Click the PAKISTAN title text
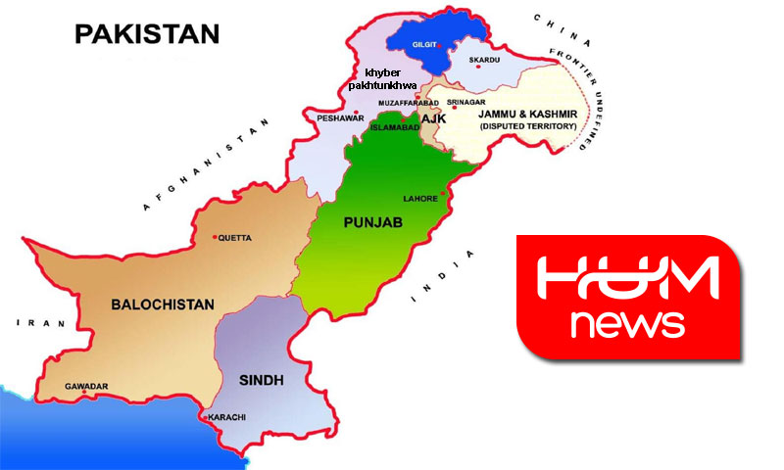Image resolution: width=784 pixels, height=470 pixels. (146, 35)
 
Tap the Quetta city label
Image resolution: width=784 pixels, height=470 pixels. (234, 238)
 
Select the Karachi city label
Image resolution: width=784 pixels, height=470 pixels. (227, 417)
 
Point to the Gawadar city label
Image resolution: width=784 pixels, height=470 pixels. (86, 386)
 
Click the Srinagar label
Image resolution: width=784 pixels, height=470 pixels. (465, 101)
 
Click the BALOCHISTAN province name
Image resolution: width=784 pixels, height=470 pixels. (162, 305)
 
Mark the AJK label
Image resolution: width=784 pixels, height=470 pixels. (433, 117)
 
